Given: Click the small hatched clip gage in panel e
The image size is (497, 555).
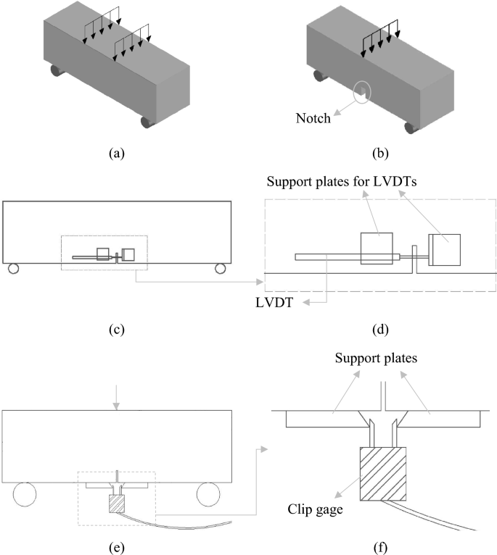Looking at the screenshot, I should coord(116,503).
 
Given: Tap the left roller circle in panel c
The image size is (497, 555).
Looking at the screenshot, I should coord(13,269).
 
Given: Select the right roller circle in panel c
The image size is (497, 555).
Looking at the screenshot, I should coord(220,269).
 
